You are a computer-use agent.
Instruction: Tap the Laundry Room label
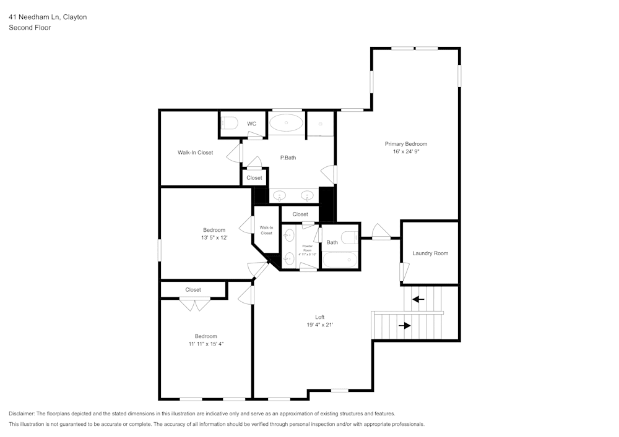coord(430,253)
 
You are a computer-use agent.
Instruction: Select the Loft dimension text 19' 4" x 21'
coord(319,325)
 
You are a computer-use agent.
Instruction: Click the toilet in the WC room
coord(230,124)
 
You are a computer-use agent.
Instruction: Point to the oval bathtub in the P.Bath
coord(287,122)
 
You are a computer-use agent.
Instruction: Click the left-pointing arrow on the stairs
coord(418,299)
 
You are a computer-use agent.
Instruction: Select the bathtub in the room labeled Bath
coord(340,260)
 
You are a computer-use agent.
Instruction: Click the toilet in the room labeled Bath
coord(350,235)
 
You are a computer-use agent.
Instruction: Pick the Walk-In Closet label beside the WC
coord(195,153)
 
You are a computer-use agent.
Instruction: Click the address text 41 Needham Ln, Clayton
coord(48,17)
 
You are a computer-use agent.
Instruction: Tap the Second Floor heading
coord(30,28)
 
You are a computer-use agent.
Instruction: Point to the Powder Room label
coord(307,250)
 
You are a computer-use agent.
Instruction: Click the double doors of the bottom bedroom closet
coord(195,304)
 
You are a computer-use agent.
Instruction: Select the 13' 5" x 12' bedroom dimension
coord(214,237)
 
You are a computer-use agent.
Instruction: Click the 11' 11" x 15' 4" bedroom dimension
coord(206,344)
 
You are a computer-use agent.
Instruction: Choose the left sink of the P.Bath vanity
coord(280,196)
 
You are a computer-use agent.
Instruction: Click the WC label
coord(251,124)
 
